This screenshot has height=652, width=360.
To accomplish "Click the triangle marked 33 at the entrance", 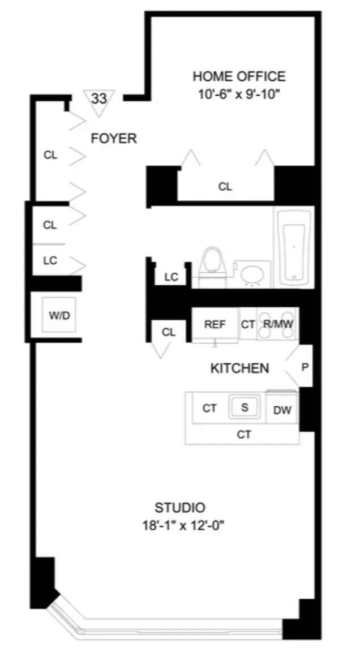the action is [99, 102].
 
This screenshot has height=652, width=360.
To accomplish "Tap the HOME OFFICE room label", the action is [239, 76].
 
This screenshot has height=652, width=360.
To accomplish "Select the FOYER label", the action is [114, 139].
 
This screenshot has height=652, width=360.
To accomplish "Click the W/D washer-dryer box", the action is [59, 315].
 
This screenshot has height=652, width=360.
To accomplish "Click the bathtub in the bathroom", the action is [294, 247].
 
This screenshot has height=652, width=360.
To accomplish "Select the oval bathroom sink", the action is [252, 274].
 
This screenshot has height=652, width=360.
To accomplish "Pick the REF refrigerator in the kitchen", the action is [215, 325].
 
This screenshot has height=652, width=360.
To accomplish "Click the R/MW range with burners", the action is [277, 324].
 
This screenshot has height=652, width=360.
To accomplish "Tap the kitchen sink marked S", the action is [244, 407].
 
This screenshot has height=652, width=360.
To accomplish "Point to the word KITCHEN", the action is [240, 368].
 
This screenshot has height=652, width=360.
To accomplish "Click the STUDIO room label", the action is [180, 508].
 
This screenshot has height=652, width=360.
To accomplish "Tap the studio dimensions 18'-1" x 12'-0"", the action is [184, 526].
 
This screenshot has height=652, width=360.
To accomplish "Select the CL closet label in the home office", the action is [225, 187].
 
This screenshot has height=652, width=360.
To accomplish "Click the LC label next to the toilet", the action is [172, 277].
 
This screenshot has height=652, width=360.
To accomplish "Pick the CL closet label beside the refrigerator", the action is [169, 332].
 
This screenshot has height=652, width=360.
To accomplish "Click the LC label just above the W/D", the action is [50, 261].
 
